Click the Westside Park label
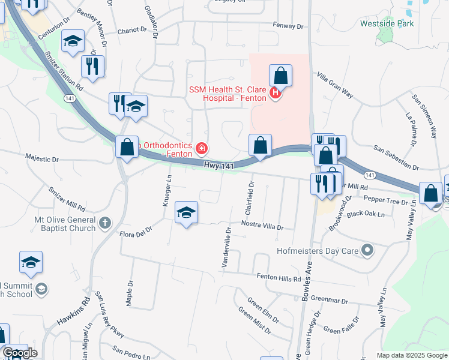tap(387, 24)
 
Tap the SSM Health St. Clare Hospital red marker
tap(276, 94)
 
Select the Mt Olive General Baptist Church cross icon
tap(105, 224)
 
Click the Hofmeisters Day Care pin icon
tap(367, 250)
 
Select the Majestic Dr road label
tap(42, 160)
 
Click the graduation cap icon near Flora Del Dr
tap(186, 212)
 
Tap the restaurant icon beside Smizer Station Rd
tap(92, 67)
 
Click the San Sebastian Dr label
tap(396, 157)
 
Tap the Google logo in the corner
tap(20, 353)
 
